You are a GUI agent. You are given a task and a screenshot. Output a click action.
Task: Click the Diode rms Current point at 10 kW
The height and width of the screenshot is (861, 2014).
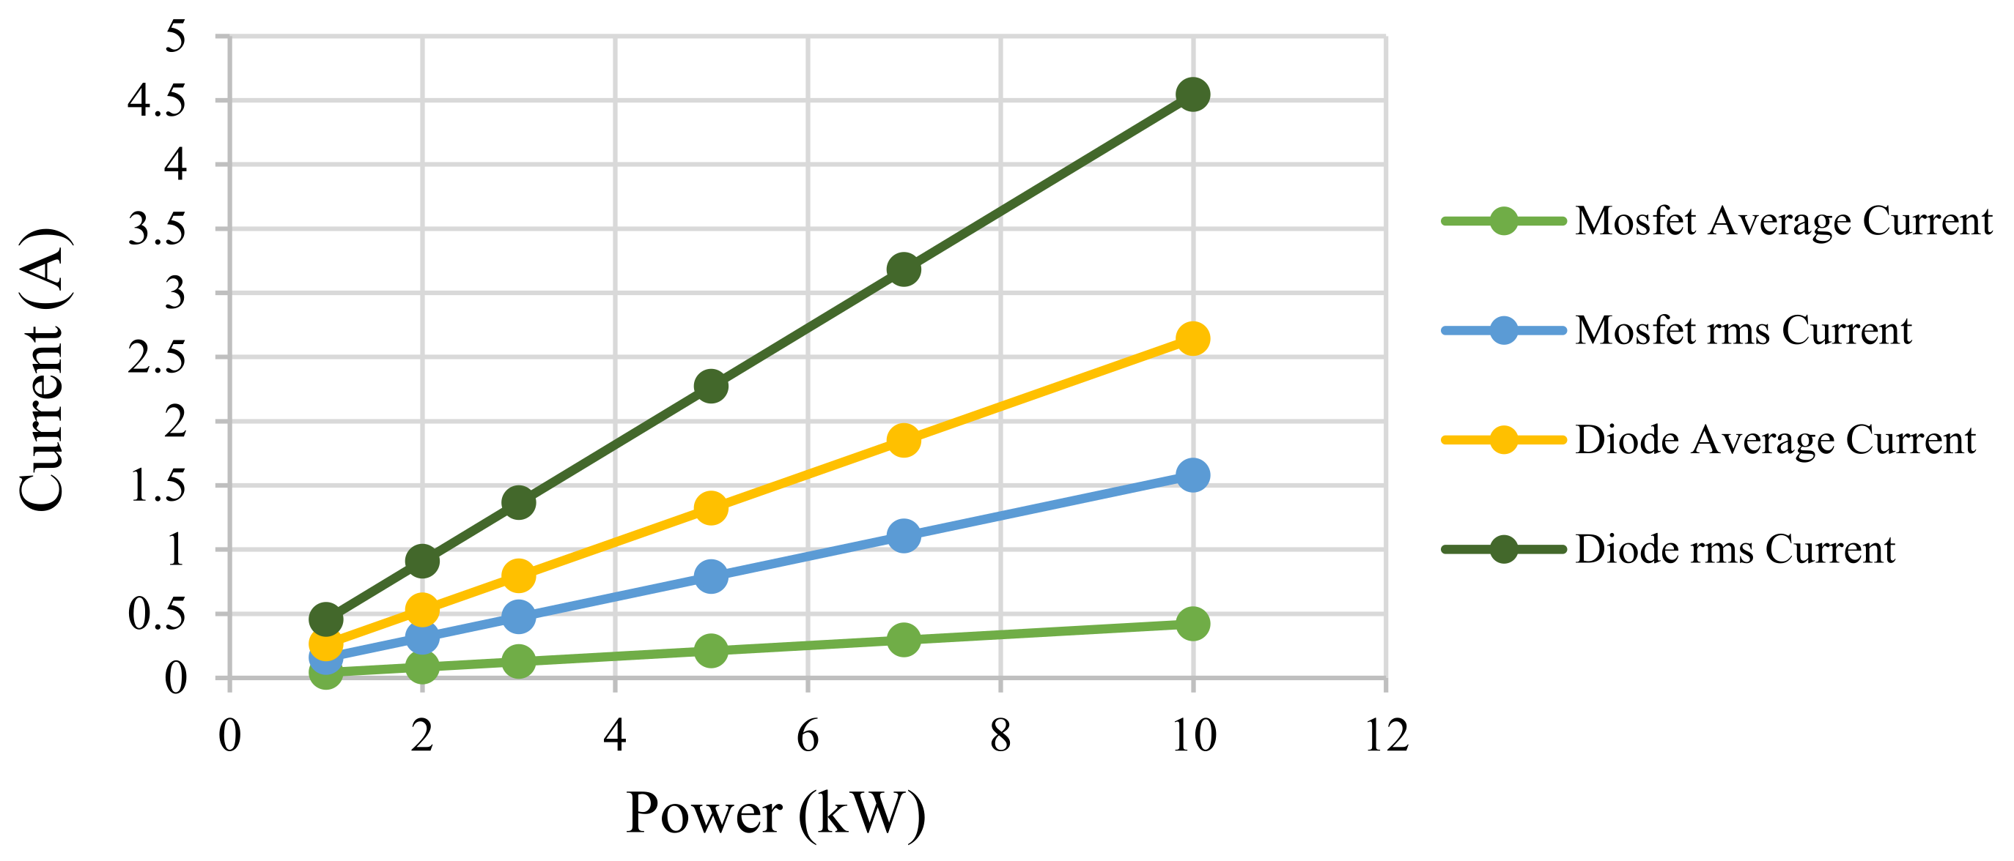pos(1192,94)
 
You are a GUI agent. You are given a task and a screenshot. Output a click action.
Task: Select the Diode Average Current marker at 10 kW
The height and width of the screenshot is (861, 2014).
pos(1192,338)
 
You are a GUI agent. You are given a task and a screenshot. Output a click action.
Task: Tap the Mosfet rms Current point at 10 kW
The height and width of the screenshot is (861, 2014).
pos(1192,475)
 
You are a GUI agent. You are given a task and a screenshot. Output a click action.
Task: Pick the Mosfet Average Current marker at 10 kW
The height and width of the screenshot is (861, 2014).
pos(1192,624)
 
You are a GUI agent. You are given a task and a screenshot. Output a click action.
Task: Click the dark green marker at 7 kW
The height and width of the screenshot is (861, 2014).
pos(903,269)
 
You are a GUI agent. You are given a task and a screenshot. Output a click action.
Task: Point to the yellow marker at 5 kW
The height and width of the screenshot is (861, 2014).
pos(710,509)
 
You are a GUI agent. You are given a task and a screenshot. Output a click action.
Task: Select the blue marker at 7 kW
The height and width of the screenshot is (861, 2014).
pos(903,536)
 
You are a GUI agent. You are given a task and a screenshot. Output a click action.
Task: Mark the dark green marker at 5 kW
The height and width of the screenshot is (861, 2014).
pos(710,386)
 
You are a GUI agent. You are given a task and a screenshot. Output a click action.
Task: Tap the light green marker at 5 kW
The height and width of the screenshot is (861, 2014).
pos(710,650)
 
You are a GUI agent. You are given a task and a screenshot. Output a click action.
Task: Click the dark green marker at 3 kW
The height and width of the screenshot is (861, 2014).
pos(517,502)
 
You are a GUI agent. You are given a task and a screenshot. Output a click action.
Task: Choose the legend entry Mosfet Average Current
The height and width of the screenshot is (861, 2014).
pos(1782,221)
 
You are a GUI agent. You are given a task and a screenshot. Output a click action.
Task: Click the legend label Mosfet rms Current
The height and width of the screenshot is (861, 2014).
pos(1743,330)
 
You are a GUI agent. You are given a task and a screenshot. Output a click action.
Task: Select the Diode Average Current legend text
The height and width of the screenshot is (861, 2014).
pos(1775,440)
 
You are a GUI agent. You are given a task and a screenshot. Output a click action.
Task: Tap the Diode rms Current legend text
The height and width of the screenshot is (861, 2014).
pos(1734,549)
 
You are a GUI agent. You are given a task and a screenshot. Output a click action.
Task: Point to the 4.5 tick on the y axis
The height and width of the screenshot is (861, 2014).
pos(157,101)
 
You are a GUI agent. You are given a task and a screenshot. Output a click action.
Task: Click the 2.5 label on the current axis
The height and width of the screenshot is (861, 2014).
pos(157,358)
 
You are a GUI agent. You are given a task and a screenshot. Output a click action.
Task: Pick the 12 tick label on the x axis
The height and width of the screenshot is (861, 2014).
pos(1385,736)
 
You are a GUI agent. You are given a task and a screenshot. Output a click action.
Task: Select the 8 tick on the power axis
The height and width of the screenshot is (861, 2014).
pos(1000,736)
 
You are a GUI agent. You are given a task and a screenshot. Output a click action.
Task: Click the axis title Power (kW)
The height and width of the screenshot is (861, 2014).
pos(775,814)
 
